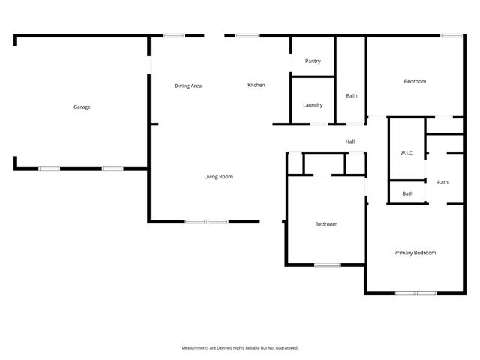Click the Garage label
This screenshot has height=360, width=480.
click(82, 107)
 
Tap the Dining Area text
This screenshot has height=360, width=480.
click(188, 86)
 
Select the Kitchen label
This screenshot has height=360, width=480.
click(256, 85)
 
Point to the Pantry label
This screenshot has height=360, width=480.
click(313, 61)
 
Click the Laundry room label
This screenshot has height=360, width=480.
click(313, 105)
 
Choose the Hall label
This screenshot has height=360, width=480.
click(349, 142)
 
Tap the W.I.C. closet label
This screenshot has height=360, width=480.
click(406, 154)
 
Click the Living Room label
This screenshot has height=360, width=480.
click(219, 177)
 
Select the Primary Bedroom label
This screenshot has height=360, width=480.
click(415, 253)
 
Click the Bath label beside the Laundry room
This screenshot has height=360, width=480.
click(352, 96)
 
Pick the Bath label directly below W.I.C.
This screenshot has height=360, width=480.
click(407, 194)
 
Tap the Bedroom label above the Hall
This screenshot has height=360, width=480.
click(415, 82)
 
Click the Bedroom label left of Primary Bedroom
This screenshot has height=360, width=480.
click(325, 224)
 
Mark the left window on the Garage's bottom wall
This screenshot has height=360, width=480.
click(49, 169)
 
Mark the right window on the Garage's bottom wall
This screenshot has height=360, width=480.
click(112, 169)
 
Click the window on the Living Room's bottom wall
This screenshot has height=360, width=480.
click(206, 221)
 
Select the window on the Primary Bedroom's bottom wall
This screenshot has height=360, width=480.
click(415, 292)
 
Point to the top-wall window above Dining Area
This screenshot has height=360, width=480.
click(174, 35)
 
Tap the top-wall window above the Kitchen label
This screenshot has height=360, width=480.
click(247, 35)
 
